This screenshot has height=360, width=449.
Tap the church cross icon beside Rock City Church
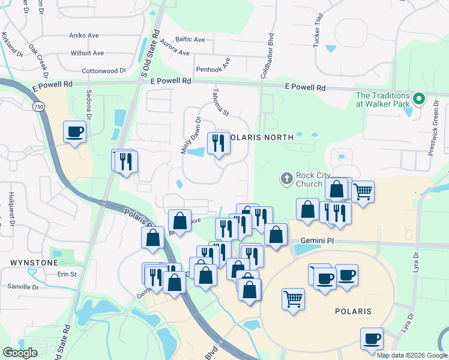click(287, 178)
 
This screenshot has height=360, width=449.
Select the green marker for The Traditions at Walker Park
click(420, 100)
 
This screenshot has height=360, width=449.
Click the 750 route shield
click(38, 106)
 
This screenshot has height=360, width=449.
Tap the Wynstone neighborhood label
click(34, 263)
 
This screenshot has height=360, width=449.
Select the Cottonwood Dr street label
click(103, 70)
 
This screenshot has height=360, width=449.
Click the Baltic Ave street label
click(191, 40)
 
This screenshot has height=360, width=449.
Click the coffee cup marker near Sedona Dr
click(75, 131)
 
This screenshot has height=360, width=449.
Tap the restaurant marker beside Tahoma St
click(218, 143)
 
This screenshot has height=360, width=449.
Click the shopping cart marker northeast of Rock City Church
click(363, 192)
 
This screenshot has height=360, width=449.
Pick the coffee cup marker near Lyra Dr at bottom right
click(372, 338)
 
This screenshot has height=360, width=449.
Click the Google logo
click(20, 353)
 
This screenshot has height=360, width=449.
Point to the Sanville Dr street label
click(23, 287)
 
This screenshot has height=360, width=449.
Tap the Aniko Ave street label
click(84, 35)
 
